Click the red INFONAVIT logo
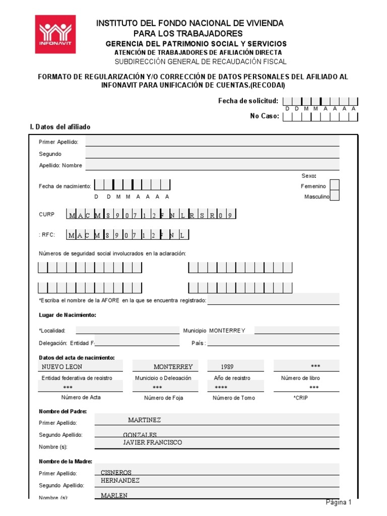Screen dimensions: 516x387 tap(55, 34)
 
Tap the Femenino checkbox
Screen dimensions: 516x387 tap(334, 185)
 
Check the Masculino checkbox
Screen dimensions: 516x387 tap(334, 196)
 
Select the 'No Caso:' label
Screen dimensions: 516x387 tap(264, 116)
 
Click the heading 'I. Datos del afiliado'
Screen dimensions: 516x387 tap(60, 127)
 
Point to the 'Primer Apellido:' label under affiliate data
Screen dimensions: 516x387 tap(58, 142)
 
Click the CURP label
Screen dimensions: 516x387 tap(46, 214)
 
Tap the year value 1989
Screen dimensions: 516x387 tap(227, 367)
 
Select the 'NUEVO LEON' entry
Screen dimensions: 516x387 tap(62, 366)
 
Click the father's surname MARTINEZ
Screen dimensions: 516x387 tap(144, 420)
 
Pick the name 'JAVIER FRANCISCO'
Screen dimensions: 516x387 tap(153, 442)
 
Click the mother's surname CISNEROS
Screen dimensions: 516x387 tap(116, 473)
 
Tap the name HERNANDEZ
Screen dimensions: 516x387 tap(120, 481)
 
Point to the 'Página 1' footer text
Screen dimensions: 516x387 tap(338, 502)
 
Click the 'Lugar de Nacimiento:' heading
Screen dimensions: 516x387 tap(67, 315)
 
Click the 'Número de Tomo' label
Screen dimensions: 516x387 tap(234, 398)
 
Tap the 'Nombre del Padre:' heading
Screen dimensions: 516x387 tap(62, 411)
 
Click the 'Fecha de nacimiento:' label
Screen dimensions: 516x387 tap(65, 186)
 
